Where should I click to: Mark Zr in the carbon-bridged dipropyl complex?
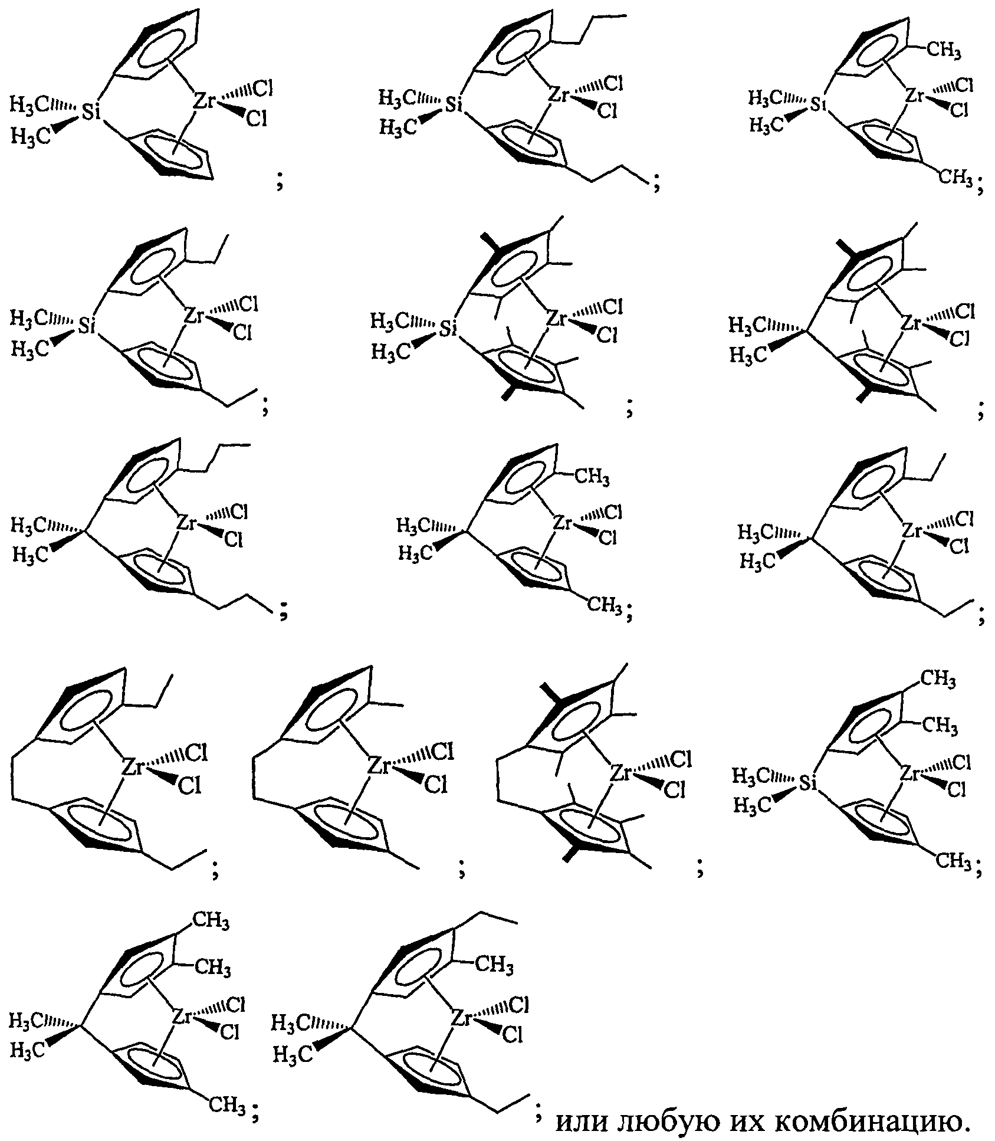click(x=186, y=522)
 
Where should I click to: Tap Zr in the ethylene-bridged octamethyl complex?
click(x=621, y=771)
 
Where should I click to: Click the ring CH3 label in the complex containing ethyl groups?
click(x=494, y=965)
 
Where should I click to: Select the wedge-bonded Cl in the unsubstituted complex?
click(x=257, y=120)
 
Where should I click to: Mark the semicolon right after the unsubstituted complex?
click(x=280, y=183)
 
